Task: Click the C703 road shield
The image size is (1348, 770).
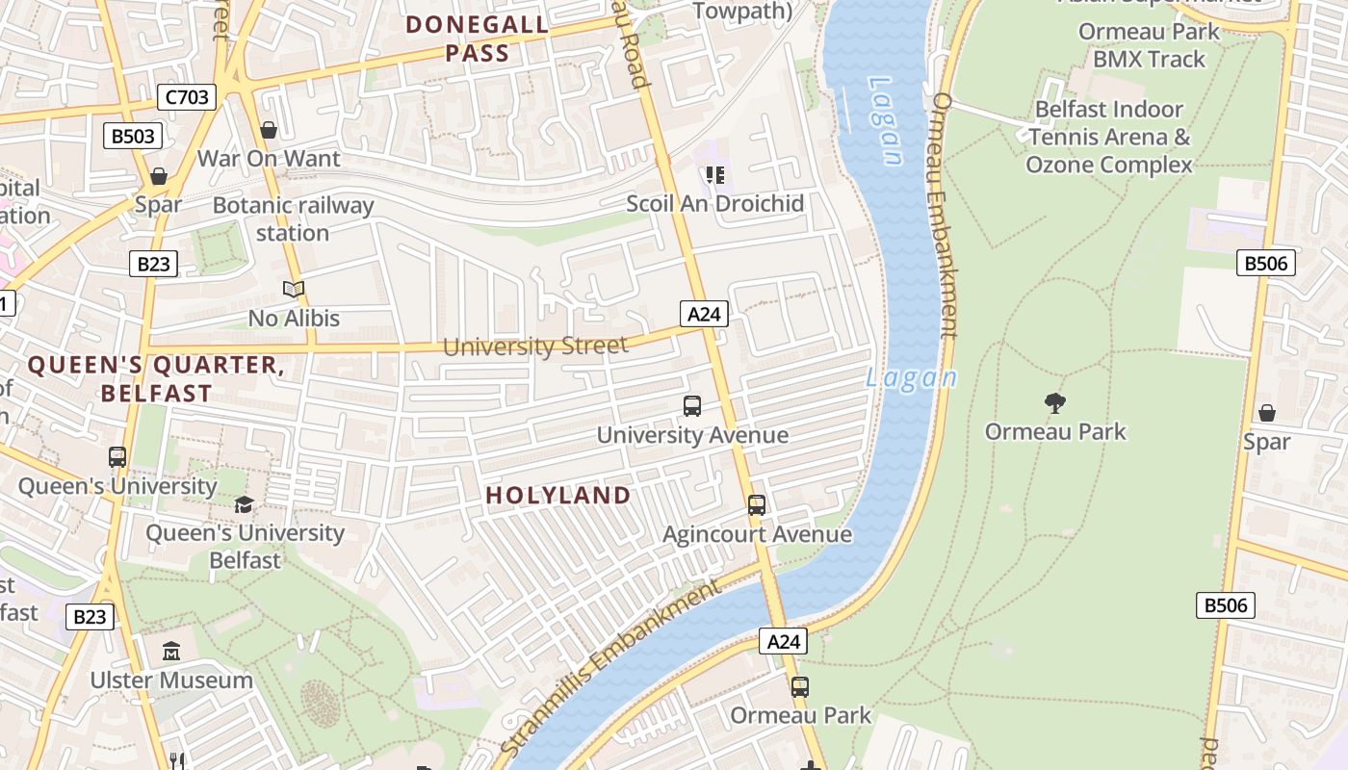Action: [187, 96]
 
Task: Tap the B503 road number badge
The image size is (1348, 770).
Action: [133, 136]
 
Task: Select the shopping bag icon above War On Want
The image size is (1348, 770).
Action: [269, 129]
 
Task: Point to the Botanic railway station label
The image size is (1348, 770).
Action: [293, 219]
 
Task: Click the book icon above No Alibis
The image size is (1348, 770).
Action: [294, 289]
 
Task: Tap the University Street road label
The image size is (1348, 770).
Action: [535, 346]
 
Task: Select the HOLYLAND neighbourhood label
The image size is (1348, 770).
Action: [558, 496]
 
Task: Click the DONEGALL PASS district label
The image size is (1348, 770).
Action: [478, 38]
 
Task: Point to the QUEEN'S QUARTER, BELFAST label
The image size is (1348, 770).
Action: [156, 379]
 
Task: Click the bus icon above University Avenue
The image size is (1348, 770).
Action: [692, 406]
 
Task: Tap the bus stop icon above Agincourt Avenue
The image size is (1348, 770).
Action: [757, 505]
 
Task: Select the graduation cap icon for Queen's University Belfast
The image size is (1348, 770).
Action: [245, 505]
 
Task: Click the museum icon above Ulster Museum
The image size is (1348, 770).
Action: [171, 652]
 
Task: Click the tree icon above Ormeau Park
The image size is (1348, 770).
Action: [1055, 403]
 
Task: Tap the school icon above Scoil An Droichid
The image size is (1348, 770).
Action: [714, 175]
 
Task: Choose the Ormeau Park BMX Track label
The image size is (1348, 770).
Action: [1149, 45]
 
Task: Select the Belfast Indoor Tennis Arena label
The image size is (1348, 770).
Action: [1109, 137]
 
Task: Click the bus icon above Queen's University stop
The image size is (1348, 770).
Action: [117, 457]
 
